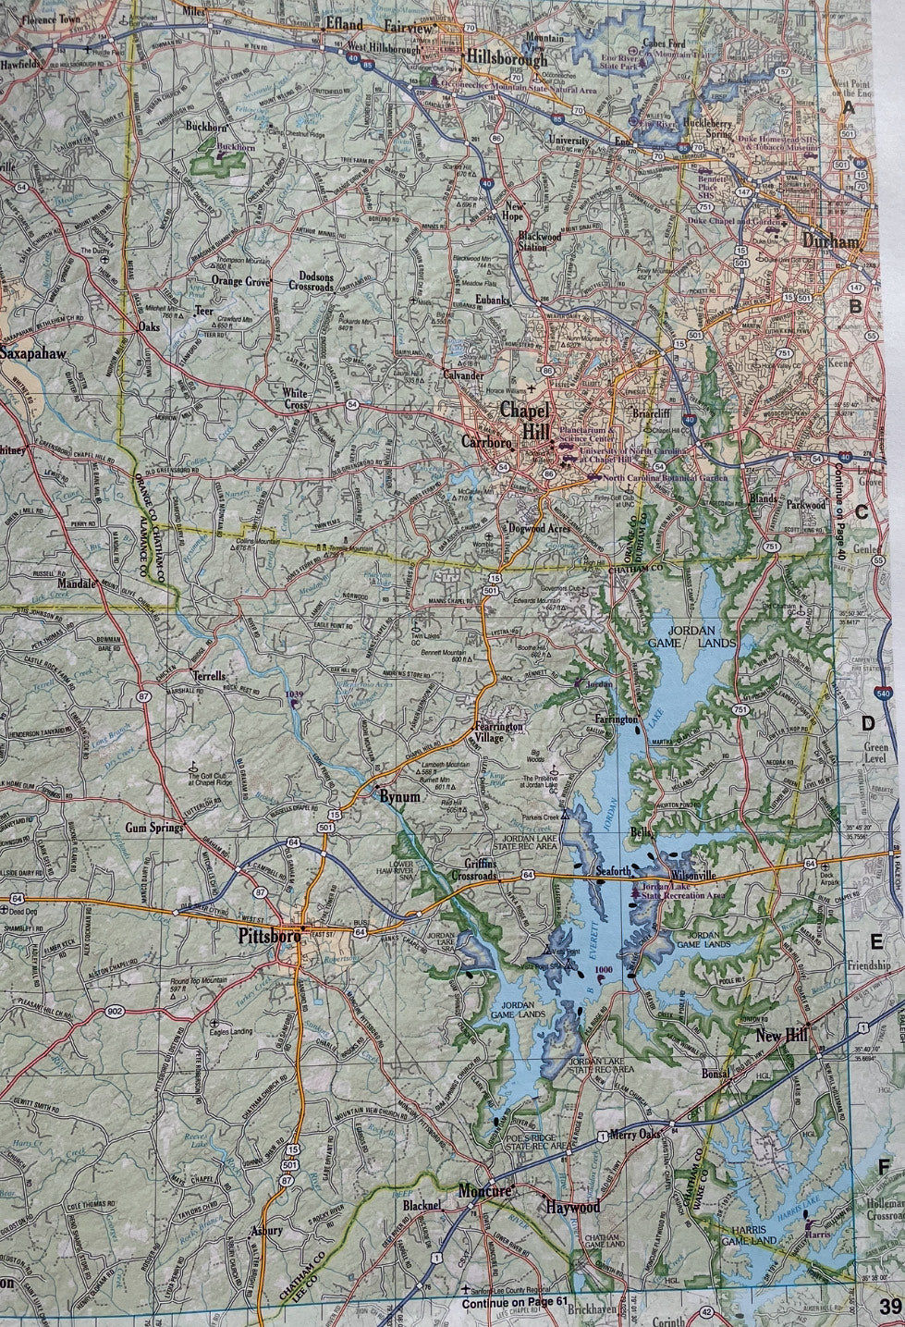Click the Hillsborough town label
(507, 56)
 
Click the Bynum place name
(398, 796)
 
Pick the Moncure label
(485, 1192)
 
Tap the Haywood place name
(572, 1207)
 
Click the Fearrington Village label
(500, 732)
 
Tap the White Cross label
(295, 399)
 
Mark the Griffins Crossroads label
(473, 869)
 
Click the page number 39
(890, 1307)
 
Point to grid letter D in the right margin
(868, 723)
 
